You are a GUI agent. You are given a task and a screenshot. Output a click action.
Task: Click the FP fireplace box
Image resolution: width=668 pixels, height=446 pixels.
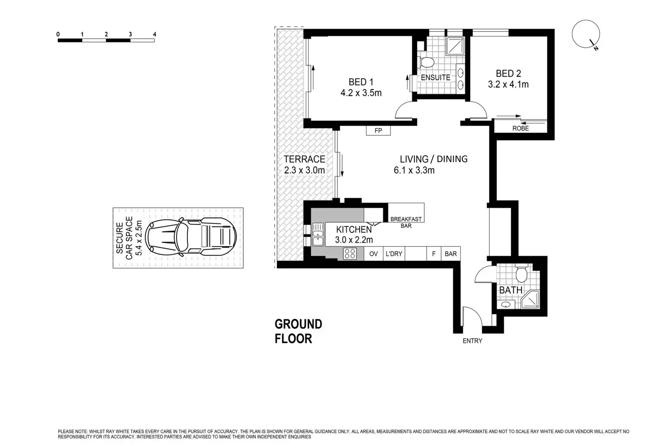[x=378, y=130]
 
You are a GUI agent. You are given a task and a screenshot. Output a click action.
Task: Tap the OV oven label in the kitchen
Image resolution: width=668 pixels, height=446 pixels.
[x=373, y=254]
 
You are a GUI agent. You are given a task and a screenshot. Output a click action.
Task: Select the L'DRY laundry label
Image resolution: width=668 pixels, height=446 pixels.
[x=394, y=254]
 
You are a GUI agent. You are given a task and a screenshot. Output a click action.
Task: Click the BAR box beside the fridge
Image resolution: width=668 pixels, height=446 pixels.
[x=451, y=254]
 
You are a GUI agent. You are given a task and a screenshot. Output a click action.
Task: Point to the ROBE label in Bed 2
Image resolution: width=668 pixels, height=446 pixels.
[x=521, y=129]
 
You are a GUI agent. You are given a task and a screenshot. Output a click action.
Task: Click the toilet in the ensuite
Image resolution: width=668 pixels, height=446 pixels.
[x=427, y=62]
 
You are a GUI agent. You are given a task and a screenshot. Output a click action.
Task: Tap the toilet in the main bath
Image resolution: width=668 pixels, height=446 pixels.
[x=521, y=273]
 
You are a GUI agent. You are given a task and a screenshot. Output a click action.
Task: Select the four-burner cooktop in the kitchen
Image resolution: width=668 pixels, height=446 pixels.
[x=350, y=254]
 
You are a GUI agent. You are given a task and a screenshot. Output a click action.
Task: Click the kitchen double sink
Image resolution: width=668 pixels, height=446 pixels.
[x=318, y=234]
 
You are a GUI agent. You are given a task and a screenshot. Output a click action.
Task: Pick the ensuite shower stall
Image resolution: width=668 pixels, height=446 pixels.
[x=455, y=46]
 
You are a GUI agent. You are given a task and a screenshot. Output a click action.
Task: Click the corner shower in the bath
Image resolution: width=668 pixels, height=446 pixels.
[x=530, y=299]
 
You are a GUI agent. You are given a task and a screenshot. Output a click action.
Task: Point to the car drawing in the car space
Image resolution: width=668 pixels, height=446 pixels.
[x=191, y=237]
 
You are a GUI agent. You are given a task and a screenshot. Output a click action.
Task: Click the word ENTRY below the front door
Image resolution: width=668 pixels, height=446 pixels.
[x=472, y=341]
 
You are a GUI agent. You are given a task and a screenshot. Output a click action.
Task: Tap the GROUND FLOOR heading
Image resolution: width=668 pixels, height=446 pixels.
[x=298, y=332]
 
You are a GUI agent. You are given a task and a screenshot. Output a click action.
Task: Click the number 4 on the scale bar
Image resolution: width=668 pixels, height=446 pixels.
[x=154, y=35]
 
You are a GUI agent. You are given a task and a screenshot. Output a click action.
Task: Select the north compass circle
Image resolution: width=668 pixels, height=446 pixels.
[x=586, y=34]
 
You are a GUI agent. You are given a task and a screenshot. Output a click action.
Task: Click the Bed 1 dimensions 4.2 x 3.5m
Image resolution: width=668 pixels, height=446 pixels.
[x=361, y=93]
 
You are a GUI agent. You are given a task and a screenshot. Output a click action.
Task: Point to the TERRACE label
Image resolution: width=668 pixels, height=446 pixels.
[x=304, y=159]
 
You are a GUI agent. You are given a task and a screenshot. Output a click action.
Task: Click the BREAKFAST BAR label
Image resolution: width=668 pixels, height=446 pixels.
[x=406, y=223]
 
